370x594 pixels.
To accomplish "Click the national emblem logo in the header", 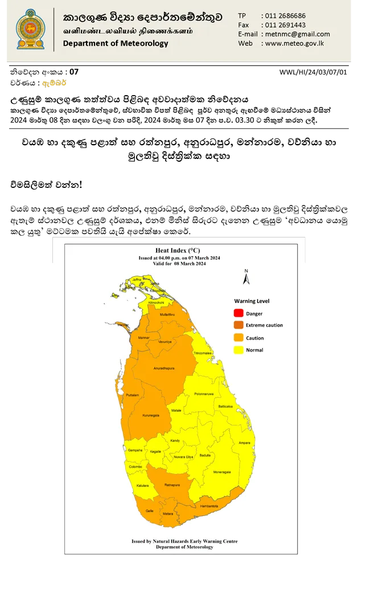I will click(x=30, y=29).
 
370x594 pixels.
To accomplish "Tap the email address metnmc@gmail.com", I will click(x=297, y=34).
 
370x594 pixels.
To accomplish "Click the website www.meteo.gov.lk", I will click(x=294, y=43).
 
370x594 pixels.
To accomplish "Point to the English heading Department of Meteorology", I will click(x=116, y=43).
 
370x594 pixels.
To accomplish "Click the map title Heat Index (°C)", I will click(x=178, y=251).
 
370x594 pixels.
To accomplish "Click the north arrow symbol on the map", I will click(x=246, y=278).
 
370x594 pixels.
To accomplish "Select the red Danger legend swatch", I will click(x=238, y=313).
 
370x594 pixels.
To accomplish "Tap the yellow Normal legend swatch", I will click(x=238, y=350).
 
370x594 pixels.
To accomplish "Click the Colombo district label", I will click(x=135, y=467).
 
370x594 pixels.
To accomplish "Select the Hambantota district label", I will click(x=209, y=506).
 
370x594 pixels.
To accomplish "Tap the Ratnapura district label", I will click(x=172, y=486).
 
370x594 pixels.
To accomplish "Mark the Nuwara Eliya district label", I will click(x=183, y=457).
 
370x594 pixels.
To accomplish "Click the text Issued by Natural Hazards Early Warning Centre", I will click(x=184, y=541).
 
